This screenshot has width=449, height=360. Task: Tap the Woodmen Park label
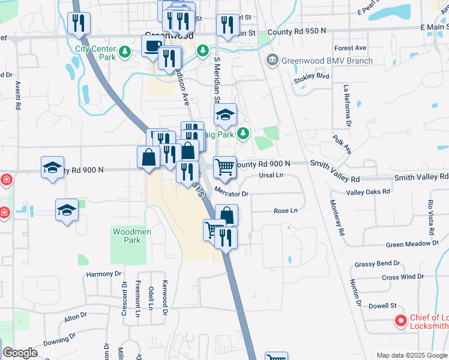click(127, 235)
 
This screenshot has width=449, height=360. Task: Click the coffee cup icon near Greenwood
click(151, 45)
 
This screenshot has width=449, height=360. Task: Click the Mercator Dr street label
click(231, 194)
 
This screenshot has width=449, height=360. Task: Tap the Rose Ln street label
click(285, 211)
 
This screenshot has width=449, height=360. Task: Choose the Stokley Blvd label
click(312, 77)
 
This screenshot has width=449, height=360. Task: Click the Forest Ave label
click(351, 48)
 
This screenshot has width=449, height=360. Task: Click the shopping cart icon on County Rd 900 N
click(224, 167)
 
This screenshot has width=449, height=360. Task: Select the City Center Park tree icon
click(125, 52)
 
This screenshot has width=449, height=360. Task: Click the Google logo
click(20, 353)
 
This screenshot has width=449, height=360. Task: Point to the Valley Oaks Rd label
click(368, 191)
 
